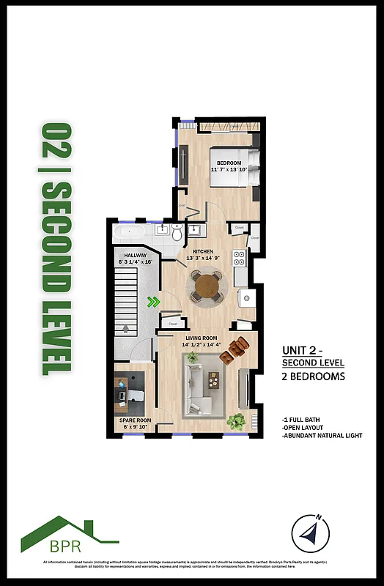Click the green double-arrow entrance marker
point(153,301)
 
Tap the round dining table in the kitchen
point(206,284)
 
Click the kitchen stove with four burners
point(239,258)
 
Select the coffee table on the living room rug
point(213,379)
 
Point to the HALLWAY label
point(135,256)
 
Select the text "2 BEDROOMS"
point(313,377)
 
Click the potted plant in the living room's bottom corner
point(237,422)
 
